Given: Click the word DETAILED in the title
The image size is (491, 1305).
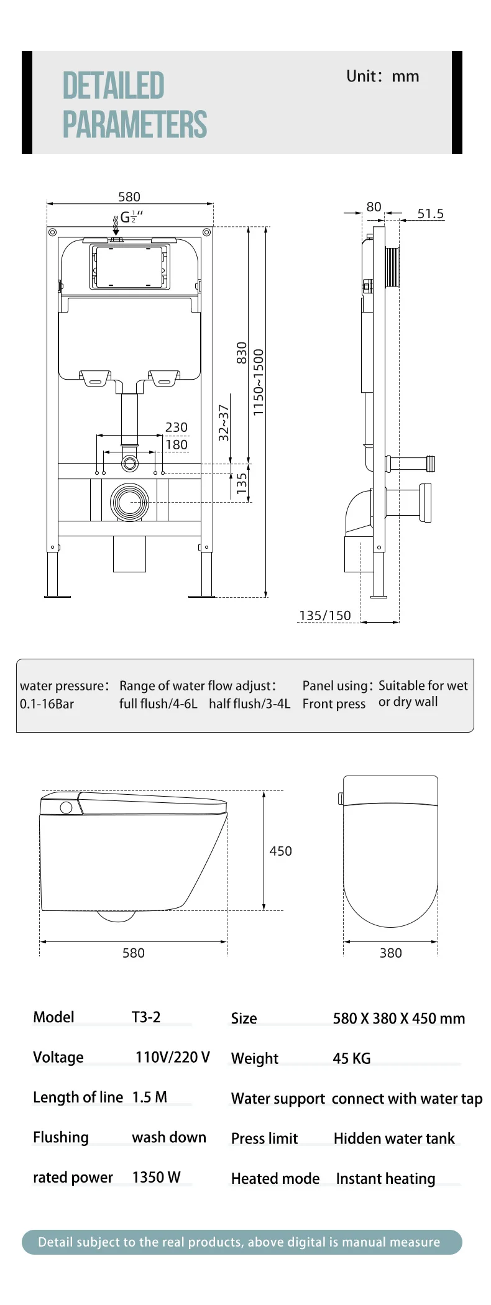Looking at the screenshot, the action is click(113, 86).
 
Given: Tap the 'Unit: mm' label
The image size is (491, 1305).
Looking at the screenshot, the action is click(382, 76).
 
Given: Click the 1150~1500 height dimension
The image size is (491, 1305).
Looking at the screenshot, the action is click(259, 382).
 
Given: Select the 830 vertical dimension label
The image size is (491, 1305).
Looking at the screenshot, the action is click(241, 352).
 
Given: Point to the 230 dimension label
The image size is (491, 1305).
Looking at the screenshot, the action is click(176, 427).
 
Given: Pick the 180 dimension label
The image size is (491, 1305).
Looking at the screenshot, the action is click(176, 444).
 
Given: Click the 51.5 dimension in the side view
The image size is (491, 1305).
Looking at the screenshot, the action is click(430, 214).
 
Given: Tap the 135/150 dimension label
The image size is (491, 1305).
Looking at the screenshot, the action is click(324, 615).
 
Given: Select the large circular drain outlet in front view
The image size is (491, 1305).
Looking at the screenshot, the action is click(130, 502).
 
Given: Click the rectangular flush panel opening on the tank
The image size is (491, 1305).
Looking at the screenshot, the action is click(129, 267).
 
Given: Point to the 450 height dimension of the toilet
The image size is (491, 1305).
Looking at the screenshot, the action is click(280, 851).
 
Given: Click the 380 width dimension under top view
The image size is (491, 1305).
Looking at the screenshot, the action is click(390, 953).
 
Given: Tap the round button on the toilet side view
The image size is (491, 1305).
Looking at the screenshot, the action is click(66, 808).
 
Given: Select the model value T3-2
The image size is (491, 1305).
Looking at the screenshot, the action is click(146, 1017).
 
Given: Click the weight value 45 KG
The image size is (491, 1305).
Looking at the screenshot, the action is click(352, 1058).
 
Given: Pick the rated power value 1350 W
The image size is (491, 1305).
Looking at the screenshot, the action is click(156, 1177).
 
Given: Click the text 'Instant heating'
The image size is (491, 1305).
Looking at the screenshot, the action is click(385, 1178).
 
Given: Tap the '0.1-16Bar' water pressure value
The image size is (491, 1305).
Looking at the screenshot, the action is click(47, 704).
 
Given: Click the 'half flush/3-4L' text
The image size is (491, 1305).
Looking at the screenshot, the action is click(249, 703).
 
